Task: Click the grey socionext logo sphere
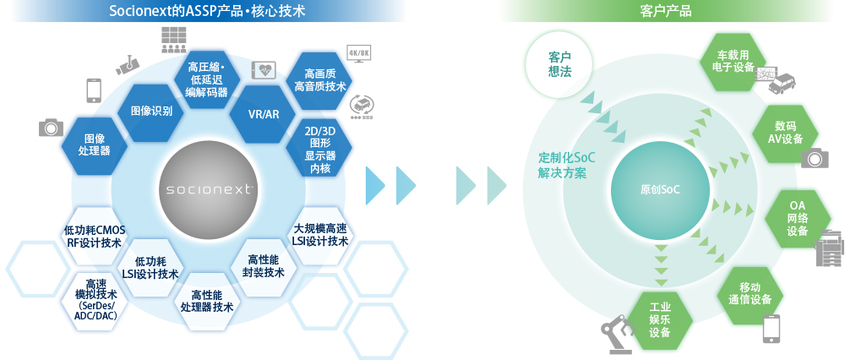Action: click(x=208, y=189)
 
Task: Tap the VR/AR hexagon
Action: click(x=263, y=114)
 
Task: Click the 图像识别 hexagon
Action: click(x=151, y=112)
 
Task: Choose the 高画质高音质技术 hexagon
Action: click(x=318, y=80)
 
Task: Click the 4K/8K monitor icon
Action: click(x=360, y=56)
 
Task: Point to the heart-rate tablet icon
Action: click(x=264, y=70)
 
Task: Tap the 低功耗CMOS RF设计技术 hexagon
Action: click(x=95, y=236)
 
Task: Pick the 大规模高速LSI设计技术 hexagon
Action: click(x=319, y=235)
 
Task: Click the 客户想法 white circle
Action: click(x=559, y=65)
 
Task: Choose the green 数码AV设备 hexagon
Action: click(x=785, y=133)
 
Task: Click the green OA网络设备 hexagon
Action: click(x=798, y=220)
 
